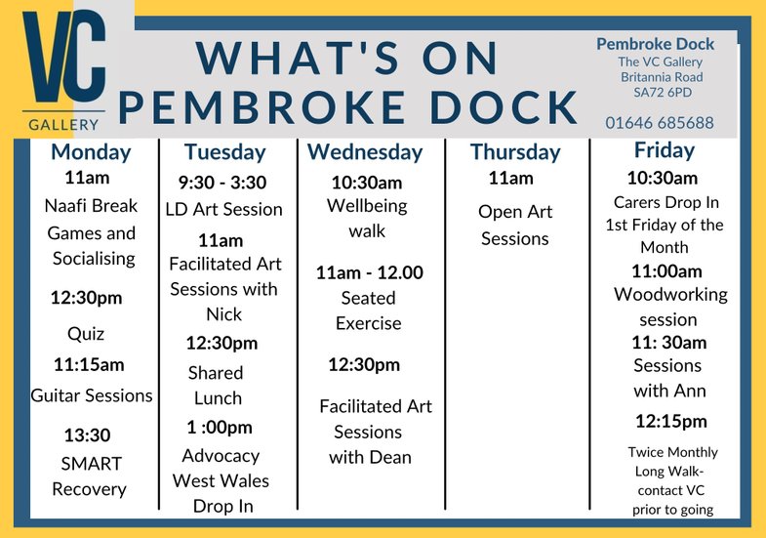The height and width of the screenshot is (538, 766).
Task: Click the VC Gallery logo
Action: point(64,71)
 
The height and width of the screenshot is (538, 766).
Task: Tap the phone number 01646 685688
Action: point(660,123)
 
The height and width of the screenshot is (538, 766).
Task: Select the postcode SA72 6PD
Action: point(663,93)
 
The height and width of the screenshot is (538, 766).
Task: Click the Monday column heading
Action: point(91,152)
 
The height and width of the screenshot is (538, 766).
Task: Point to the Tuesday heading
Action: point(224,152)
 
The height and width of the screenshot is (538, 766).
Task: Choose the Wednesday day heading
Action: point(365,152)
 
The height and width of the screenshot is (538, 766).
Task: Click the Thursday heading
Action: point(515,152)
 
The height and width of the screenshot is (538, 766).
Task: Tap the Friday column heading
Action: point(665,150)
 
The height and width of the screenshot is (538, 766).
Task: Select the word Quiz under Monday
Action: point(86,334)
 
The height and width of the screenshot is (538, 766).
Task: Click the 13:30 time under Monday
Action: point(88,435)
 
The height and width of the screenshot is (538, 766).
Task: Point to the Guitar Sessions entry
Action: point(92,395)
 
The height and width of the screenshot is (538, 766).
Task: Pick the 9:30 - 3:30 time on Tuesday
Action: point(222,183)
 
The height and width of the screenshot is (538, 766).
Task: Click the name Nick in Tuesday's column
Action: point(223,314)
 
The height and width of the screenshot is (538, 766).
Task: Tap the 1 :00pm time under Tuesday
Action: point(220,428)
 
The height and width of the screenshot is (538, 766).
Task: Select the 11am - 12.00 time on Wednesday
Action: point(369,272)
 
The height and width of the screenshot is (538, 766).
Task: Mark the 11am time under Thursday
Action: point(511,179)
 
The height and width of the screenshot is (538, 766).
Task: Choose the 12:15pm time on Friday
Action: point(671,421)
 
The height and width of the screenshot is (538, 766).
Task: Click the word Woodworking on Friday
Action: point(670,295)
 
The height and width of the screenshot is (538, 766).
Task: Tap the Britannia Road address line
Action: point(662,77)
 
